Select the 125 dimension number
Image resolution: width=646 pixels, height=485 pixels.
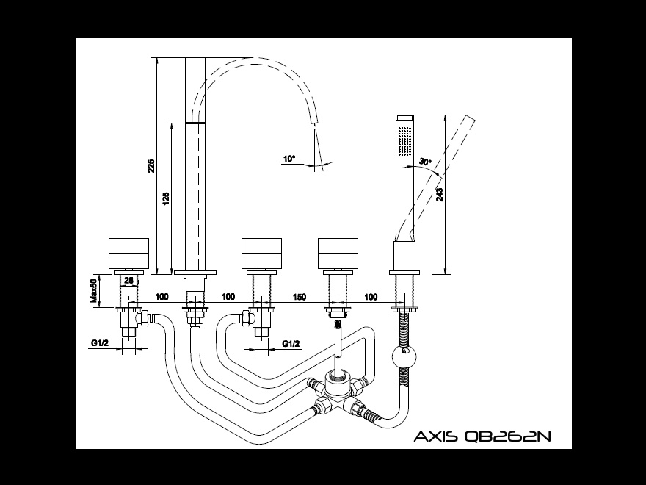165,198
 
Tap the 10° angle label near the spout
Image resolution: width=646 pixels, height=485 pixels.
288,158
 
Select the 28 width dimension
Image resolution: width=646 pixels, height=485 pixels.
128,280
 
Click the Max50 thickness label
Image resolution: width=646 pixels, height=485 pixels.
94,290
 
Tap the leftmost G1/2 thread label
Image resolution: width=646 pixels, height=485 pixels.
99,343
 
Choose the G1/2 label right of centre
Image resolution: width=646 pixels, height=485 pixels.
291,343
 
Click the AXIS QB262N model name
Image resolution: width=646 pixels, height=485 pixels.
482,437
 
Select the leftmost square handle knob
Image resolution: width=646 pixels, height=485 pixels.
129,254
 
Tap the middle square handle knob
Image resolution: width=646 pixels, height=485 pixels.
262,254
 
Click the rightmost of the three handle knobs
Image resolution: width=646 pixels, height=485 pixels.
338,254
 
